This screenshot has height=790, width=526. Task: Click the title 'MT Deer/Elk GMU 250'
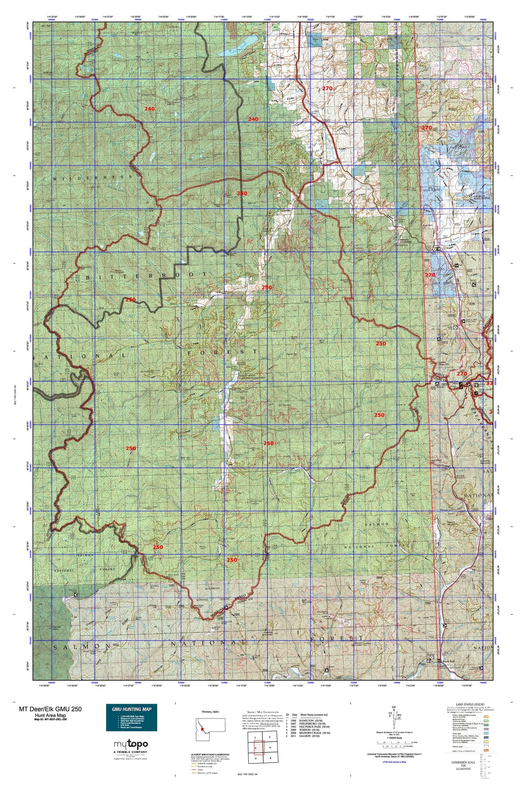tap(50, 709)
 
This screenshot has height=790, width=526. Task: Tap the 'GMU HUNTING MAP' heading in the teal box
tap(131, 709)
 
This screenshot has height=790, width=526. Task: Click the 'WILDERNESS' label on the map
tap(92, 177)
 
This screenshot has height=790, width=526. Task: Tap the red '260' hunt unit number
tap(242, 193)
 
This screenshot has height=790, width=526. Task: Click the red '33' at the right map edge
tap(489, 383)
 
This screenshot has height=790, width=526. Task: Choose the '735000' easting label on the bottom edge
tap(440, 683)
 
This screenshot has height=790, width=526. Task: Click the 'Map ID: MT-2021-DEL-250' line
tap(50, 719)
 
